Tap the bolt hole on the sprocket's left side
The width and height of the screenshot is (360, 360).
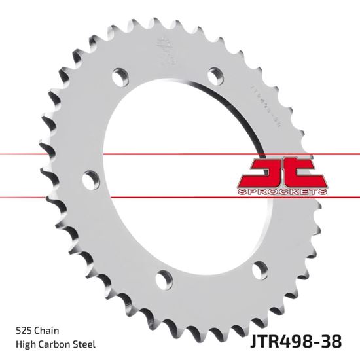[x=90, y=177]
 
